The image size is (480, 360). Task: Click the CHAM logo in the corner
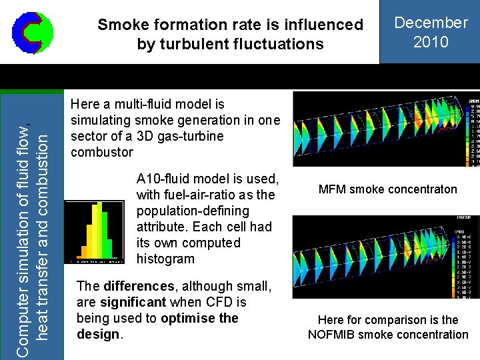tap(32, 32)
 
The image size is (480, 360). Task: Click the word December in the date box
tap(431, 23)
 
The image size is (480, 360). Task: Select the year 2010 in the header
tap(431, 42)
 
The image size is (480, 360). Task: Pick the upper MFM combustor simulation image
tap(386, 129)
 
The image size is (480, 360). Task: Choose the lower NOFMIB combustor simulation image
tap(386, 257)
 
